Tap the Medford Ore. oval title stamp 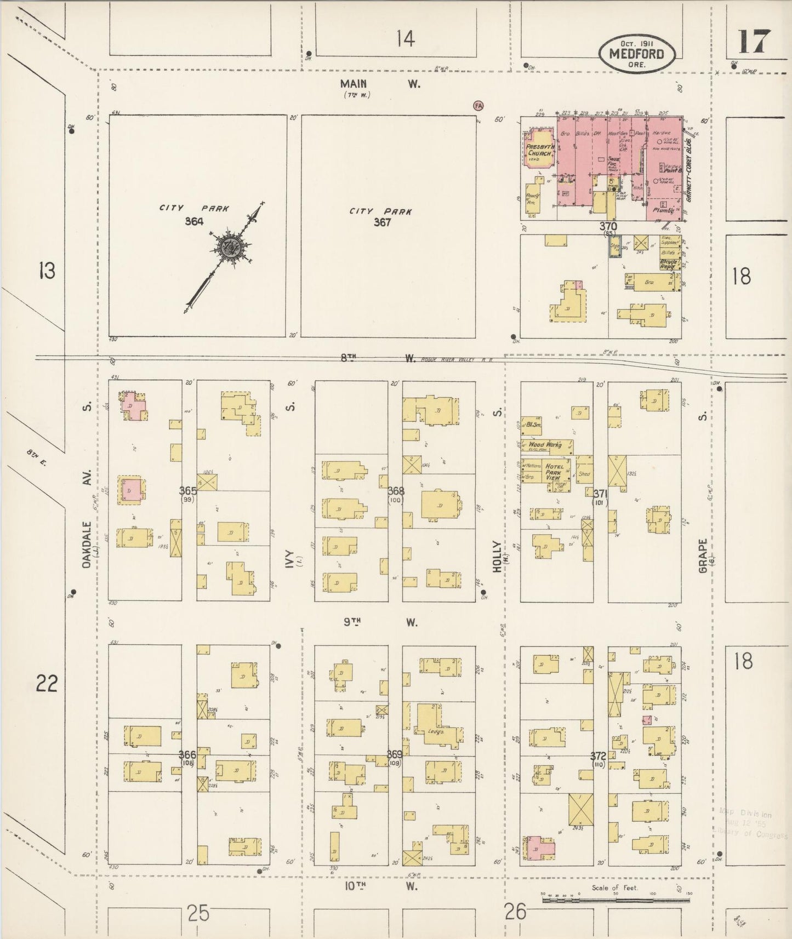637,54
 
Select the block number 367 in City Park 382,222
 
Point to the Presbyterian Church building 538,150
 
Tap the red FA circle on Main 478,105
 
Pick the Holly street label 497,556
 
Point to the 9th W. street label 380,622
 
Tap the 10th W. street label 380,886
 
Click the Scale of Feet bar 616,898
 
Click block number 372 598,755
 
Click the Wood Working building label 545,445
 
